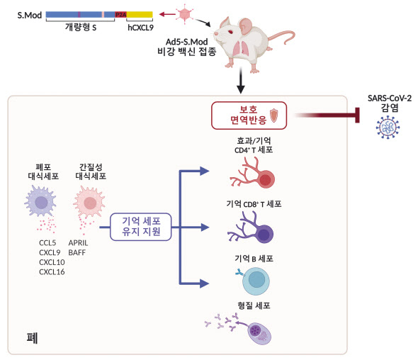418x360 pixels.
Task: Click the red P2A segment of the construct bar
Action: pyautogui.click(x=120, y=15)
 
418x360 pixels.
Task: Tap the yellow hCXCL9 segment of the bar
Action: pyautogui.click(x=140, y=15)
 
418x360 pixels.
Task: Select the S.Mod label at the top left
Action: pyautogui.click(x=30, y=15)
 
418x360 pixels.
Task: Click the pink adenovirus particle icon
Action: pyautogui.click(x=184, y=14)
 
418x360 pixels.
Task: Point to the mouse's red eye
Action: pyautogui.click(x=230, y=33)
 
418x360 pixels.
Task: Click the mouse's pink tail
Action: pyautogui.click(x=283, y=37)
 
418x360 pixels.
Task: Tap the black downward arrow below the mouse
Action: pyautogui.click(x=241, y=81)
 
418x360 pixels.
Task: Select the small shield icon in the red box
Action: pyautogui.click(x=273, y=116)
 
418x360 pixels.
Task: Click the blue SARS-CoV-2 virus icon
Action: pyautogui.click(x=388, y=127)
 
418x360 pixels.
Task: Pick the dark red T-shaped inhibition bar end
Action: pyautogui.click(x=358, y=116)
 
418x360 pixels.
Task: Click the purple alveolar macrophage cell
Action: pyautogui.click(x=40, y=201)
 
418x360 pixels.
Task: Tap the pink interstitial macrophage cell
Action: pyautogui.click(x=89, y=202)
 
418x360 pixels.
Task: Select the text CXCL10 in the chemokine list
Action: pyautogui.click(x=52, y=262)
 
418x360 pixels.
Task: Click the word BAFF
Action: pyautogui.click(x=77, y=252)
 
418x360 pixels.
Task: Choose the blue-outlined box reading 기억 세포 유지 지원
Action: pyautogui.click(x=141, y=227)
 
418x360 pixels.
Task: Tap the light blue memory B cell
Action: pyautogui.click(x=255, y=281)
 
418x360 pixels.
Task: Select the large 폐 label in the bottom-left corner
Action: pyautogui.click(x=32, y=338)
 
